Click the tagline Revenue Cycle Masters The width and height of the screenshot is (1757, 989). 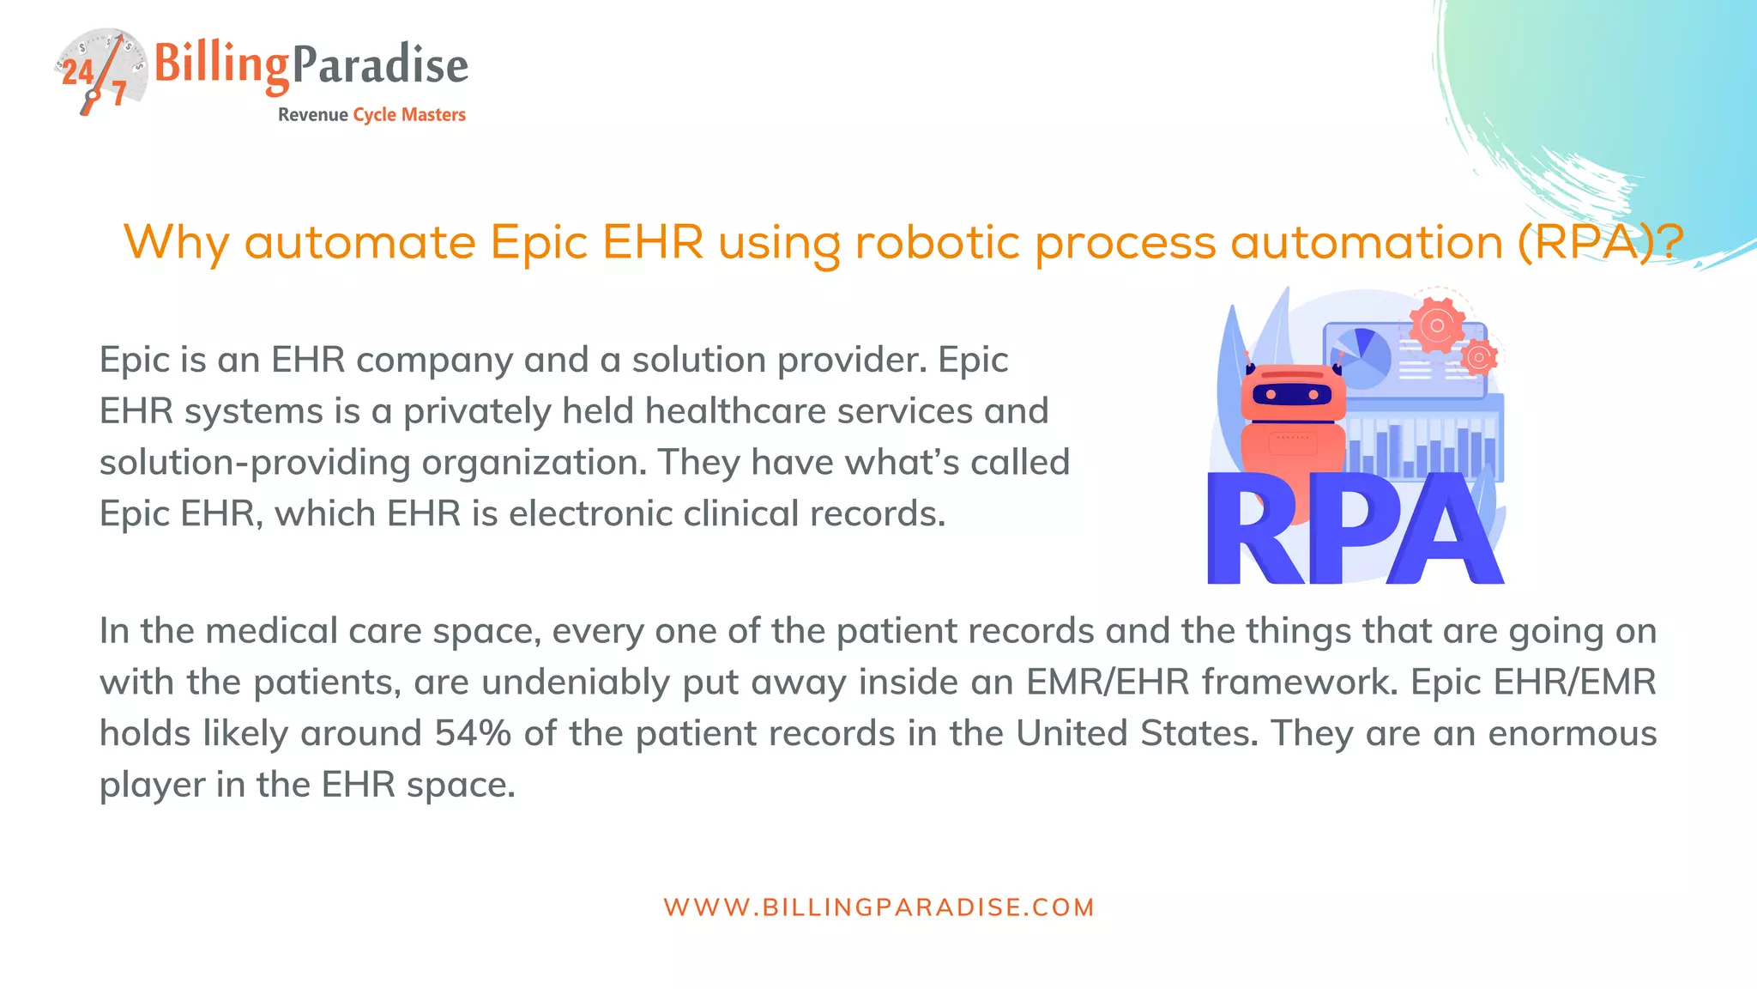click(x=371, y=115)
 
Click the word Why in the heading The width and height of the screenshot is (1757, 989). click(x=176, y=242)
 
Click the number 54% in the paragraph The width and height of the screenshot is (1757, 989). click(x=473, y=734)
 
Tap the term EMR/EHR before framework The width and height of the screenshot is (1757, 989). click(x=1108, y=683)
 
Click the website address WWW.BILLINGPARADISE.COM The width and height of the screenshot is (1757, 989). click(x=878, y=907)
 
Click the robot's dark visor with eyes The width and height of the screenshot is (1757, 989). click(x=1292, y=395)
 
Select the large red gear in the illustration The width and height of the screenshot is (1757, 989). click(x=1436, y=325)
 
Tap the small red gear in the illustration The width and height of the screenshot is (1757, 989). click(x=1478, y=356)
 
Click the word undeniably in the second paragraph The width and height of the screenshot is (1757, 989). click(x=576, y=683)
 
